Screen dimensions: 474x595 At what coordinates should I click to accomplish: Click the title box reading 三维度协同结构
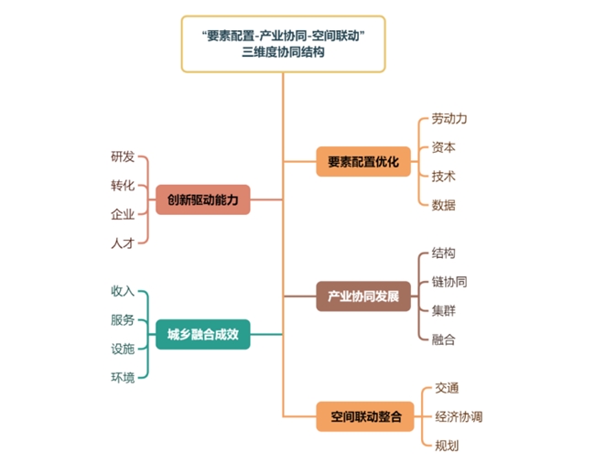[283, 44]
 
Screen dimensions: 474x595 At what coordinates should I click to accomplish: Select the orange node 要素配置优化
[363, 162]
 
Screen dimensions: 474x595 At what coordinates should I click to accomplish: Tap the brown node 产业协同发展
[363, 296]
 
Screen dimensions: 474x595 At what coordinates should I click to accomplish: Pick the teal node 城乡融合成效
[202, 334]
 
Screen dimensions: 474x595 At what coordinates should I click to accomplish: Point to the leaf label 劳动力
[449, 119]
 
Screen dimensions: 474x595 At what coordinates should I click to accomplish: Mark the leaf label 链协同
[449, 282]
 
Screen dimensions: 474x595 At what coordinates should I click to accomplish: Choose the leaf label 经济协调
[459, 416]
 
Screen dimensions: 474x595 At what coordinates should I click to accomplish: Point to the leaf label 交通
[447, 387]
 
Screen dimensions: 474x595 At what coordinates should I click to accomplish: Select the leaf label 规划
[447, 446]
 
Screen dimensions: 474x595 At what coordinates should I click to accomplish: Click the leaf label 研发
[122, 156]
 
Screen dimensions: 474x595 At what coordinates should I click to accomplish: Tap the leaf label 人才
[122, 242]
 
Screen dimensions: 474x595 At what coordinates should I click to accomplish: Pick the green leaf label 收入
[122, 291]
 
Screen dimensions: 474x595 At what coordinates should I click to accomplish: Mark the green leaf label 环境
[122, 377]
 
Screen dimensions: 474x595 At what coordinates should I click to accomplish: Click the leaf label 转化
[122, 185]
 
